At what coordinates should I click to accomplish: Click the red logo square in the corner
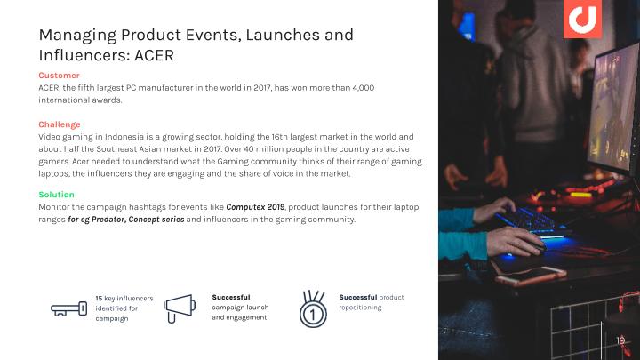coord(582,19)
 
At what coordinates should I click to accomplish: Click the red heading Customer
coord(59,76)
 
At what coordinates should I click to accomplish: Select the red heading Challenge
coord(60,124)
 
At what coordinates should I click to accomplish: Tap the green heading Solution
coord(56,195)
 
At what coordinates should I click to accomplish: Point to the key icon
coord(69,308)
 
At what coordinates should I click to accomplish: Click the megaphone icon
coord(180,308)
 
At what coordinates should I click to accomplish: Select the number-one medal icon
coord(313,309)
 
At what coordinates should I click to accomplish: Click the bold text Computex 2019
coord(255,207)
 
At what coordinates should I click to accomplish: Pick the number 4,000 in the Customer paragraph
coord(364,88)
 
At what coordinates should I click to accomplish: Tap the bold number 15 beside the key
coord(99,299)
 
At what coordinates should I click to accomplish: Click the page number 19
coord(620,340)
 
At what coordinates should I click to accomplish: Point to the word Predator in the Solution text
coord(108,220)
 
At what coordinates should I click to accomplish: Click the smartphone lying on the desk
coord(531,276)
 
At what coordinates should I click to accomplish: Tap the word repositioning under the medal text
coord(360,308)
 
